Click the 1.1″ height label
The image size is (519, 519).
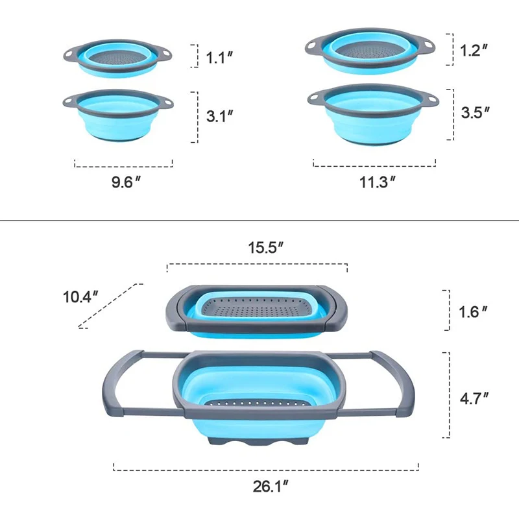click(219, 57)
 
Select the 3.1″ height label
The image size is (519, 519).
click(219, 117)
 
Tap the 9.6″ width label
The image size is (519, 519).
click(126, 182)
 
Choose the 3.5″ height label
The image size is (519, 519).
click(475, 112)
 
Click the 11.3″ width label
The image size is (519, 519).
click(378, 182)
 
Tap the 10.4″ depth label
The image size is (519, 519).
click(80, 297)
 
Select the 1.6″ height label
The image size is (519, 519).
click(473, 311)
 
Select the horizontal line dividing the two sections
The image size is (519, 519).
click(259, 221)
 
